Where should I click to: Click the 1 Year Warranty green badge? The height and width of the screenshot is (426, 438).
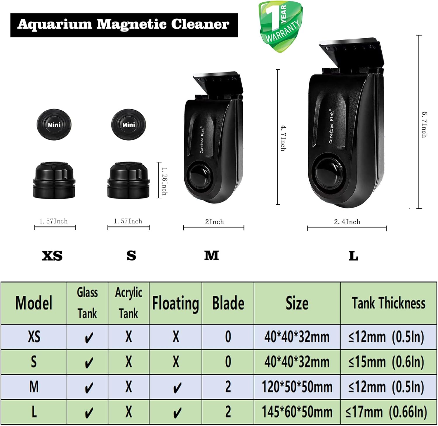tap(280, 27)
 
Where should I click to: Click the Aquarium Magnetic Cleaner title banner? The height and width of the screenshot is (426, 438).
tap(124, 25)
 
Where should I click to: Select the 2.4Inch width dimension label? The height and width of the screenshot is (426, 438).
tap(347, 222)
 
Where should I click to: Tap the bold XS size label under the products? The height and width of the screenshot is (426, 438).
tap(52, 256)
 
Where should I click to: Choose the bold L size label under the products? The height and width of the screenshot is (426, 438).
tap(353, 256)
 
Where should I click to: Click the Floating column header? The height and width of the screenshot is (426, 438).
tap(175, 303)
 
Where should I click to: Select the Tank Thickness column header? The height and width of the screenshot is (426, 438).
tap(388, 303)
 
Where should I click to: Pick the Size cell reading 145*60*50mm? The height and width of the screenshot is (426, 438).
tap(297, 412)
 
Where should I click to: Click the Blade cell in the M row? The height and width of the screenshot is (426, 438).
tap(228, 387)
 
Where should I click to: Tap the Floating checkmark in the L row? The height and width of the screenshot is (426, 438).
tap(176, 413)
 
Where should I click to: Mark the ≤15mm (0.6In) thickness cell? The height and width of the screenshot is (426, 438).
tap(386, 362)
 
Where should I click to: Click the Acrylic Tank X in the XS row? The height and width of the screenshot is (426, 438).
tap(128, 337)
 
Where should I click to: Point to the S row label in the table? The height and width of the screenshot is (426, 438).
tap(34, 362)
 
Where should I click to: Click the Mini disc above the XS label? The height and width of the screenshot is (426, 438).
tap(54, 125)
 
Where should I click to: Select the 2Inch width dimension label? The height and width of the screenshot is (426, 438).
tap(214, 222)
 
